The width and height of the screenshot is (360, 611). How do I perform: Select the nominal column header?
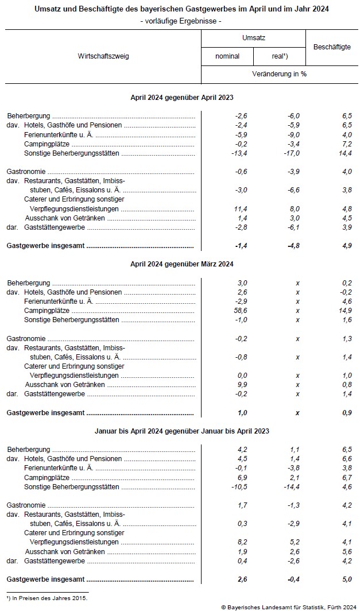(227, 56)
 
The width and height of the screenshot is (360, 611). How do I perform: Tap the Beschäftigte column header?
(332, 47)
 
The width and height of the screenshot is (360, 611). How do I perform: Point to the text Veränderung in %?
(279, 75)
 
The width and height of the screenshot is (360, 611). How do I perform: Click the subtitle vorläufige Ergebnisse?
(180, 21)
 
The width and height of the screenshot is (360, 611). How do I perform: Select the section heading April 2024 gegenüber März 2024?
(181, 264)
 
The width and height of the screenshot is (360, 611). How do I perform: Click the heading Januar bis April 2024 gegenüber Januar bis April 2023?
(181, 431)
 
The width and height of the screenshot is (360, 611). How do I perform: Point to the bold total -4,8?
(293, 246)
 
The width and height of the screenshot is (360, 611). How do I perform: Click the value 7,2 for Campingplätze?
(346, 144)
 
